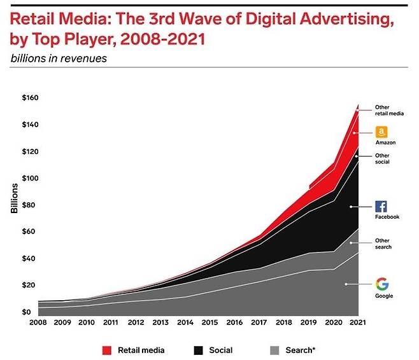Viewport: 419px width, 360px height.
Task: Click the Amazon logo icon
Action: pos(381,132)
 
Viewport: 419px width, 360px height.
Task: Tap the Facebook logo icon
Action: pos(381,206)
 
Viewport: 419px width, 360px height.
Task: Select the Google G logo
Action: pos(382,284)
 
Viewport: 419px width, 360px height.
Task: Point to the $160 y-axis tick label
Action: pos(30,98)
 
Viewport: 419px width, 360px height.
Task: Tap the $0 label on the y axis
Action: pos(25,312)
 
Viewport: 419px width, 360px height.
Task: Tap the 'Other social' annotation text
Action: pos(382,158)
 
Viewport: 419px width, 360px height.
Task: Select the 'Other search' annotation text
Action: pos(383,244)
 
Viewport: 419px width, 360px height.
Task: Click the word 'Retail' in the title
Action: pos(32,20)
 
